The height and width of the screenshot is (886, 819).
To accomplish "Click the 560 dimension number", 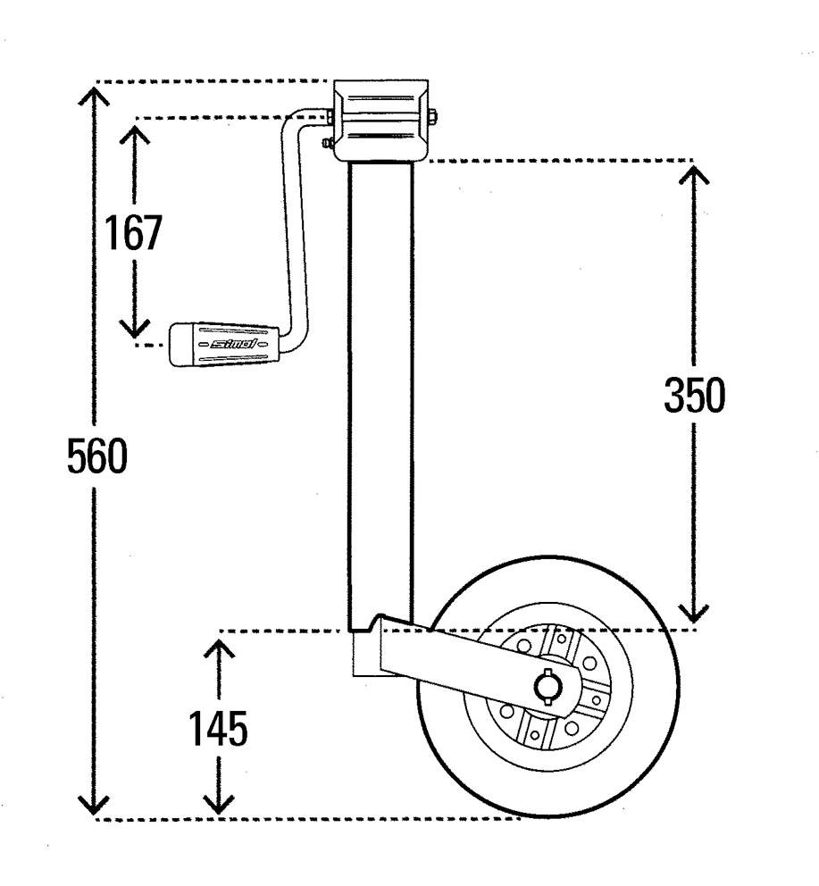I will (98, 459).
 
